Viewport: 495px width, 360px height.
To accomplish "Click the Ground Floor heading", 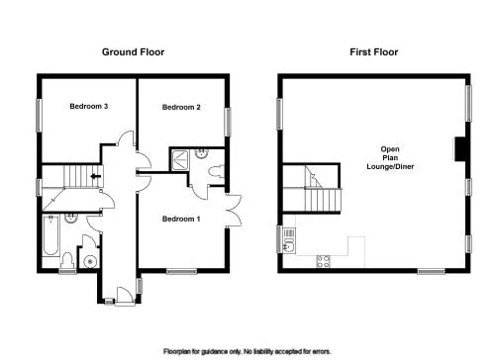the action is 133,52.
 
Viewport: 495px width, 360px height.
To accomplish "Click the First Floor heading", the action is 374,52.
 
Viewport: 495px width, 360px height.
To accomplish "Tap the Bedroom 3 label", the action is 89,106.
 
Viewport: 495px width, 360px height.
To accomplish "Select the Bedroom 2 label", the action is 181,107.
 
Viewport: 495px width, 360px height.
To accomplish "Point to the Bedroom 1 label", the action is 181,219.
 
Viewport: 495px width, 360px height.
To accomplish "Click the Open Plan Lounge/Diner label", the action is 390,158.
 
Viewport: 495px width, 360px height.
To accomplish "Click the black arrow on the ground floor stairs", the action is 96,176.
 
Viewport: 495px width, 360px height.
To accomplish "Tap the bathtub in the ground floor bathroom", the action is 51,235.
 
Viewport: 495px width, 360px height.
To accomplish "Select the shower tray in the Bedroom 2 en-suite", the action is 180,160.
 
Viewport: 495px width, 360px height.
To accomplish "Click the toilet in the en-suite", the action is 216,171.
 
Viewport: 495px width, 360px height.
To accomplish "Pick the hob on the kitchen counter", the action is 324,261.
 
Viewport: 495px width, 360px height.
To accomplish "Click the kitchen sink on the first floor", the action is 288,246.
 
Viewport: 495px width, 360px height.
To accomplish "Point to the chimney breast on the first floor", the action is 460,149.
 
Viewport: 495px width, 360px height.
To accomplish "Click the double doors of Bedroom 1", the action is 233,211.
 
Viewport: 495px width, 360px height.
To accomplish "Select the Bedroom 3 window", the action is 39,116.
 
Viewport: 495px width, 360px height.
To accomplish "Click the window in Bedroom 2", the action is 228,122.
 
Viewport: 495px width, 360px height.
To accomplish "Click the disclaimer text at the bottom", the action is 247,351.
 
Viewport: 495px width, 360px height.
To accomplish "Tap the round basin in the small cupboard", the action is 90,262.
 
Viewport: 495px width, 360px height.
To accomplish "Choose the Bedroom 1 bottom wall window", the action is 181,271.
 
